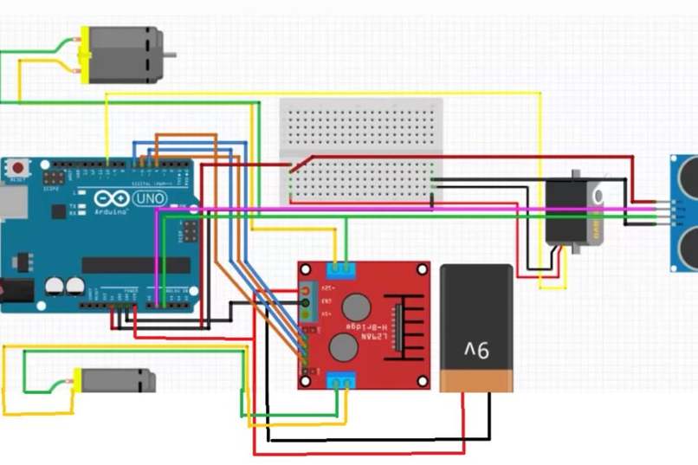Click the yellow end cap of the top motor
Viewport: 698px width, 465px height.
coord(84,55)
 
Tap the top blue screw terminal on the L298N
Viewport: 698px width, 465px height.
coord(340,269)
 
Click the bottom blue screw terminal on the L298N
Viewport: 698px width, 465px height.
coord(340,379)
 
